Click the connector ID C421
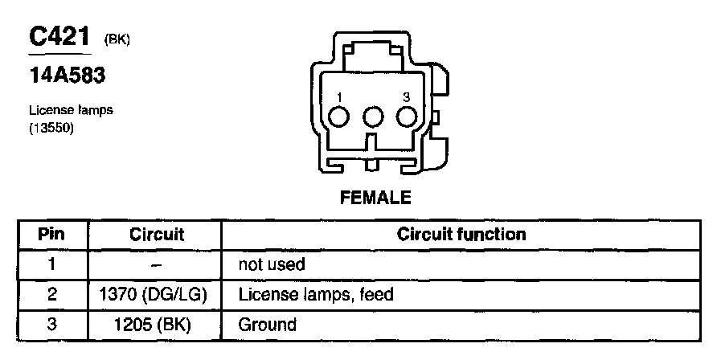(59, 37)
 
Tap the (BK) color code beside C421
(117, 40)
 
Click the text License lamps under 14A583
(71, 111)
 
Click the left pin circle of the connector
(339, 117)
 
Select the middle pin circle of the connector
(372, 117)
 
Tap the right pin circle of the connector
(406, 117)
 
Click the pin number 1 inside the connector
(339, 97)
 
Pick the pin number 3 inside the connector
(406, 97)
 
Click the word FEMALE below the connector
(373, 196)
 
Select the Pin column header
(51, 235)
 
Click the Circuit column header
(157, 235)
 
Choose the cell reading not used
(272, 264)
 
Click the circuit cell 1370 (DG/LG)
(157, 295)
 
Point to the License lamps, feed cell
(315, 295)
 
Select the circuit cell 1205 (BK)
(157, 325)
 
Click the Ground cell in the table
(267, 325)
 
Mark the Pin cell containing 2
(51, 295)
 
